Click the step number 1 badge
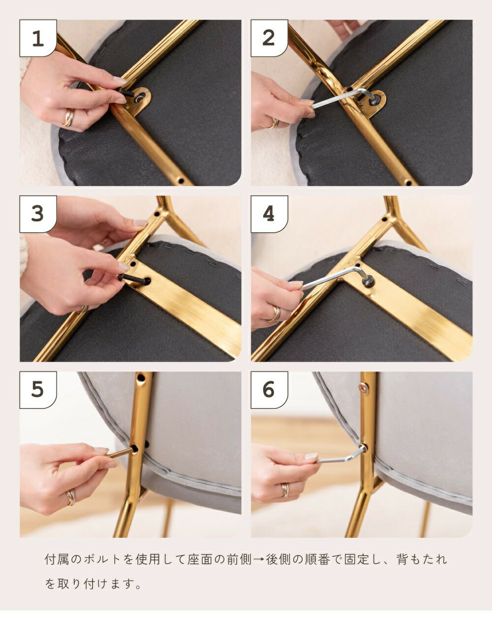38,38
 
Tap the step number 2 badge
269,38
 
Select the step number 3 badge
38,214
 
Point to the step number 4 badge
269,214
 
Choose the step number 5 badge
38,390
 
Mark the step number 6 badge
269,390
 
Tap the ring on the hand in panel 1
68,118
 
